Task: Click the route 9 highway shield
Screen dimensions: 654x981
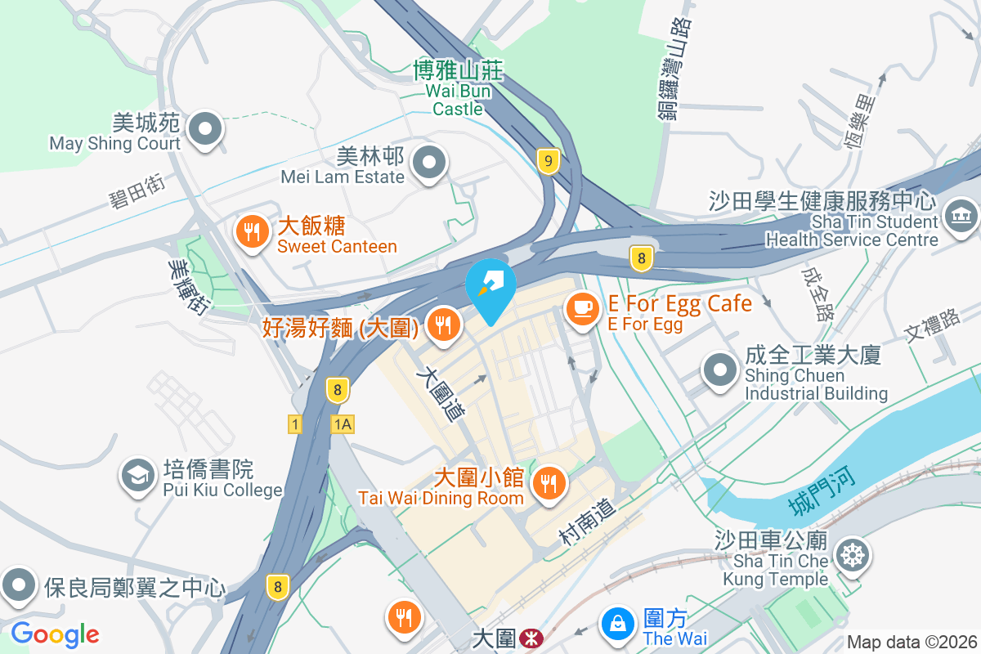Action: [x=549, y=161]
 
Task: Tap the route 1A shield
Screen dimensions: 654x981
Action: [x=343, y=423]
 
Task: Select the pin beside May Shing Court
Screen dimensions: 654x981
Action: [x=206, y=130]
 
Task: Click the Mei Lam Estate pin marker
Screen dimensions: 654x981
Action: [x=429, y=163]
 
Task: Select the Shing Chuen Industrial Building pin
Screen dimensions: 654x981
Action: [x=720, y=370]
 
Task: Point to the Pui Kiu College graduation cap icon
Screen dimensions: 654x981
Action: [x=137, y=475]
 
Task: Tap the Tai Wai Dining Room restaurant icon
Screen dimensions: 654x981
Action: [x=546, y=482]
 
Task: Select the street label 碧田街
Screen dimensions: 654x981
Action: [x=137, y=190]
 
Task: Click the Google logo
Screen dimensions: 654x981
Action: [x=55, y=634]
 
